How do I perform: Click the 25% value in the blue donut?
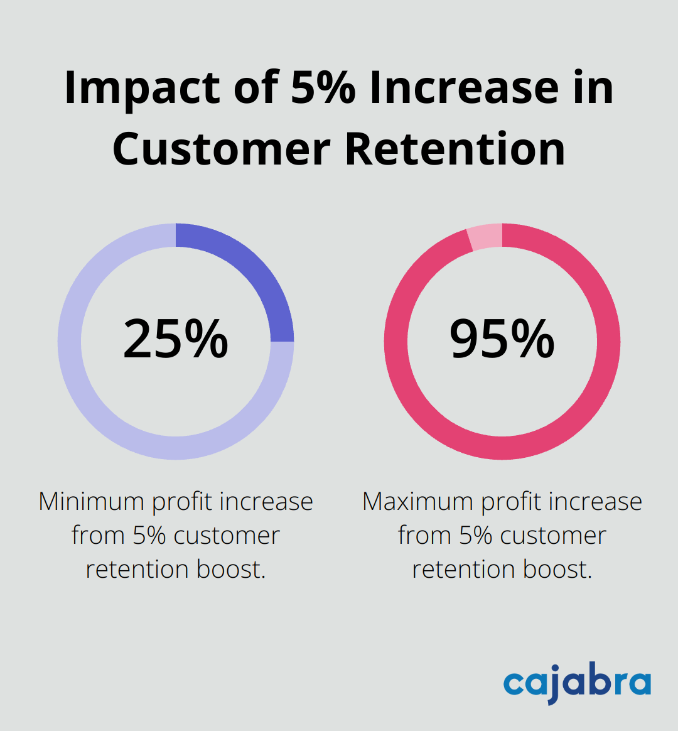(176, 340)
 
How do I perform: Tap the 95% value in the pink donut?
(502, 340)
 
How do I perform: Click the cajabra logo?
(577, 684)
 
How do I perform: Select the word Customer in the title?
(222, 149)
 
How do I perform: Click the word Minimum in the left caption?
(92, 502)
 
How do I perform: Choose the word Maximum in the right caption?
(417, 502)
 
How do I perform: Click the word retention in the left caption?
(137, 569)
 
